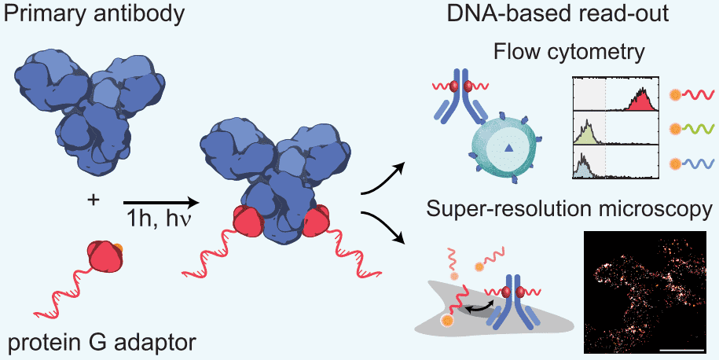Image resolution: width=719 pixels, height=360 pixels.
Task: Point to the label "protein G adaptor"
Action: [x=98, y=343]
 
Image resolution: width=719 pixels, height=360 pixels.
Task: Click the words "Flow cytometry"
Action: [x=570, y=53]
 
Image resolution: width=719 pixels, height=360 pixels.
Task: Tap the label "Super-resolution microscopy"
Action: [x=570, y=210]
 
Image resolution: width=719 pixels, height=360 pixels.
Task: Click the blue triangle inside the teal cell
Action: [x=508, y=147]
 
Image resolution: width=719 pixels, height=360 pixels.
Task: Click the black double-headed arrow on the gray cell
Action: [x=477, y=309]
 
